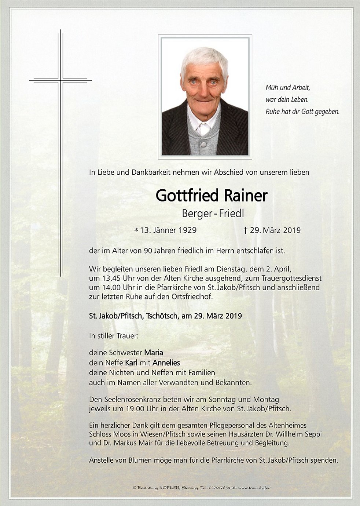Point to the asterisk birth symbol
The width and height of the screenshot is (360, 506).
136,230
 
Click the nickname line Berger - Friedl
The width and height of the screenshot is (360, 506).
213,213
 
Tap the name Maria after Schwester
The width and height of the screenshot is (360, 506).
153,353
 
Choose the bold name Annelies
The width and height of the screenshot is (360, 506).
166,363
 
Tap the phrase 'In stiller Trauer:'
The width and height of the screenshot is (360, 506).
114,335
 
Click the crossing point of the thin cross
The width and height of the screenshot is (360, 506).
61,80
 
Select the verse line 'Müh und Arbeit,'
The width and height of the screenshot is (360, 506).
288,88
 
